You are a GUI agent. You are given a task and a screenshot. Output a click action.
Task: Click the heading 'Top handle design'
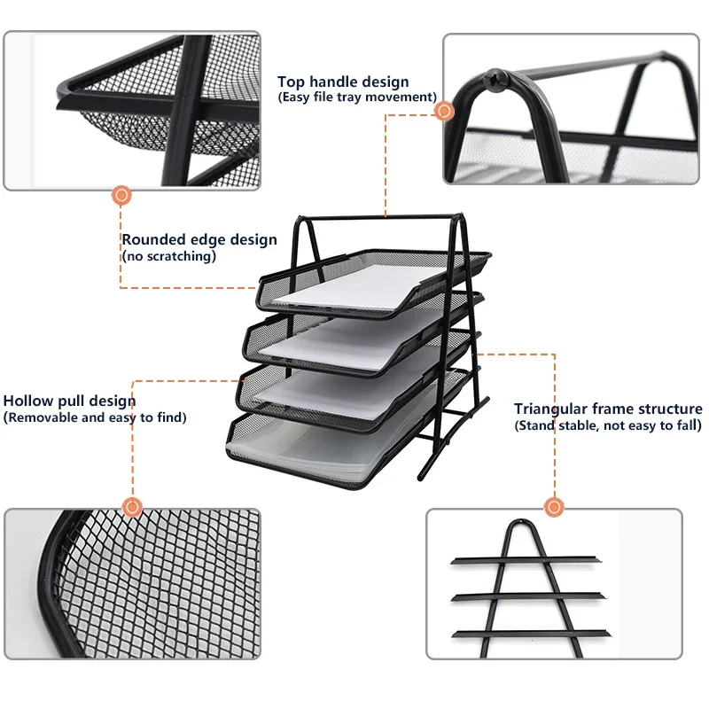tap(343, 82)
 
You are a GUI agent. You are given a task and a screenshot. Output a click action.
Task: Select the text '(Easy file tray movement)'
tap(357, 97)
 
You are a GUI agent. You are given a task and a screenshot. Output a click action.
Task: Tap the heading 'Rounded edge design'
tap(199, 239)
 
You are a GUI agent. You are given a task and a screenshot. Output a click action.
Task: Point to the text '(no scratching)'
tap(168, 256)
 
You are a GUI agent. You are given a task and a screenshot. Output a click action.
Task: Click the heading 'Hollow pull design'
tap(70, 401)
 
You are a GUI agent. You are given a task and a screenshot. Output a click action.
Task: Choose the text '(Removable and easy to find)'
tap(95, 417)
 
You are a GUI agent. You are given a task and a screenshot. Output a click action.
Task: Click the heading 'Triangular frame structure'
tap(608, 409)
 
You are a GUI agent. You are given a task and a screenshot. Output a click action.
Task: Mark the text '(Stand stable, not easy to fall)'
tap(608, 425)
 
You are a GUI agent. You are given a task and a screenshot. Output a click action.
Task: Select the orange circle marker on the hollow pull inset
tap(133, 507)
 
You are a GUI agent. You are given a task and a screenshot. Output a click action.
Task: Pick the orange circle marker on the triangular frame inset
tap(555, 507)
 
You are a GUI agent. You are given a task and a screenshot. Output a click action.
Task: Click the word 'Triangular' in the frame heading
tap(550, 409)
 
